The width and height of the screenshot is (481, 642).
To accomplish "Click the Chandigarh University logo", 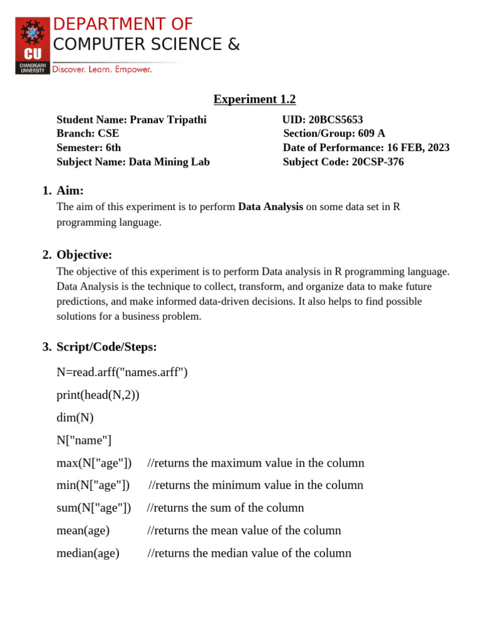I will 33,46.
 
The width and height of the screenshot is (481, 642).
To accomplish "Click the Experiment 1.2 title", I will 254,99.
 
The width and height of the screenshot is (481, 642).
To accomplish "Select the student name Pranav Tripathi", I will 168,120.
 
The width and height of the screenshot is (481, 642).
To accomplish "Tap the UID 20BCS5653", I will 336,120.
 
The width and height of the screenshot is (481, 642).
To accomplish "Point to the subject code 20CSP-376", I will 378,162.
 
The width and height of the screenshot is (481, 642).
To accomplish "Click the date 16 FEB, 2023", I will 418,148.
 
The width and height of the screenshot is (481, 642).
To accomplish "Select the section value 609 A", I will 371,134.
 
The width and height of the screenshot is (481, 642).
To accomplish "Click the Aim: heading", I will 70,191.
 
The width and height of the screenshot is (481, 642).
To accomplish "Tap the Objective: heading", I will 84,255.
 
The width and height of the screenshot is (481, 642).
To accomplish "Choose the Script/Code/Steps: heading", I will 106,347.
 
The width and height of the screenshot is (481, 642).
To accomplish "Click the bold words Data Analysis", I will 271,207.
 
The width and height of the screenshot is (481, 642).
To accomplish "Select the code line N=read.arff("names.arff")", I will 122,372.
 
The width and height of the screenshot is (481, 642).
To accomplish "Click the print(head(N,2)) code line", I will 98,395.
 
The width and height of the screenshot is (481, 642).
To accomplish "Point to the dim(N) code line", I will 75,418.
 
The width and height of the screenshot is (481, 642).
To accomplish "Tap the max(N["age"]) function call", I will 94,463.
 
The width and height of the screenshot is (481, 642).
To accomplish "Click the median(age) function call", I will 88,553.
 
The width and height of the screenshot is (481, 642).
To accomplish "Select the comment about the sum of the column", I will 225,508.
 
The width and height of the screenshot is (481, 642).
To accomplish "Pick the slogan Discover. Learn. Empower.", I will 102,70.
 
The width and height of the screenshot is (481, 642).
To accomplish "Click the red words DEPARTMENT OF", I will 123,24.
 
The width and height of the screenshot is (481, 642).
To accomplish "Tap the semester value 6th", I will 113,148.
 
